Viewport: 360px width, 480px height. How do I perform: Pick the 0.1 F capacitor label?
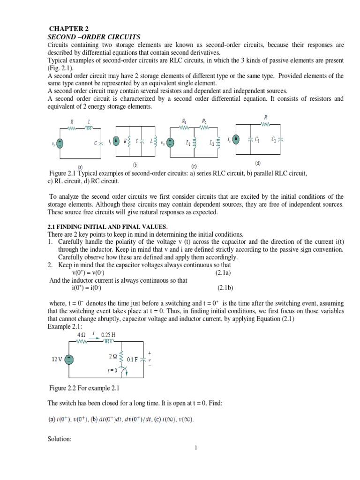[x=133, y=359]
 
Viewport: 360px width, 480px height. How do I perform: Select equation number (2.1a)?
[x=225, y=272]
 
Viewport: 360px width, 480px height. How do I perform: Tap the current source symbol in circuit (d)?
[x=237, y=139]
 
